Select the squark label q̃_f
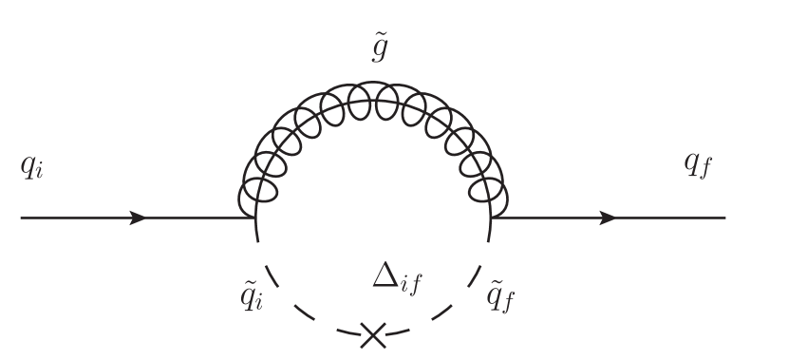[500, 295]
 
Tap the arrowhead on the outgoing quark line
[608, 218]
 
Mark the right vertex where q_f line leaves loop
[490, 218]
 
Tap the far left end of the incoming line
[22, 218]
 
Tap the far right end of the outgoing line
[725, 218]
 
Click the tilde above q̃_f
[496, 283]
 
